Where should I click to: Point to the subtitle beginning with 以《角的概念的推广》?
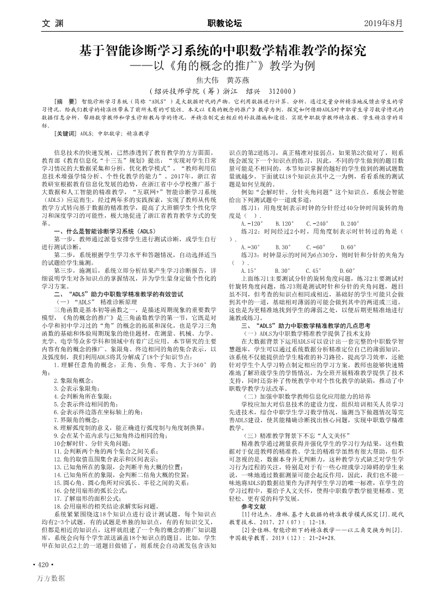coord(229,69)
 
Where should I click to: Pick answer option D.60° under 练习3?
coord(347,270)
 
